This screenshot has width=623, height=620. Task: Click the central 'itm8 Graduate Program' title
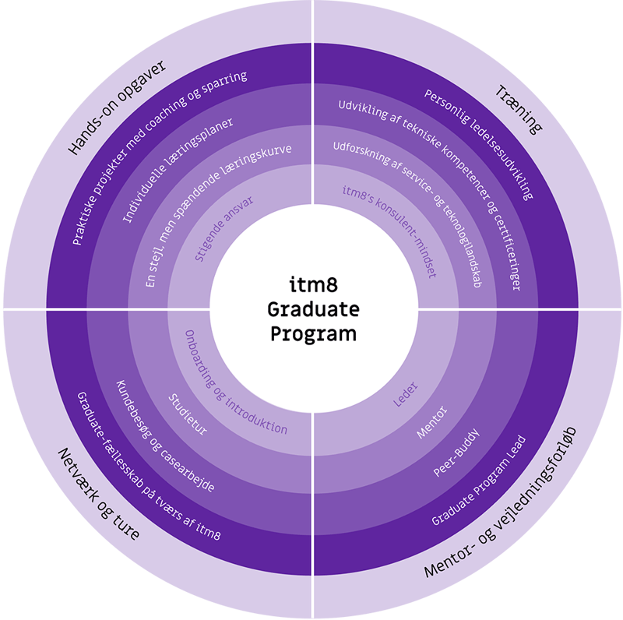click(313, 310)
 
